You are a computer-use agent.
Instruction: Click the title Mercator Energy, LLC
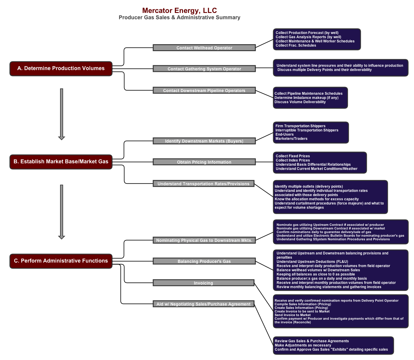click(179, 11)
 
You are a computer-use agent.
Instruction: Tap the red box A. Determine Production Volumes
click(61, 69)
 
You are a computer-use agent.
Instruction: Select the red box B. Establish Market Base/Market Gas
click(61, 162)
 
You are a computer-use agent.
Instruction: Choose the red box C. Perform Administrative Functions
click(61, 261)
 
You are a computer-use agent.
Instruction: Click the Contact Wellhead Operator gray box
click(204, 48)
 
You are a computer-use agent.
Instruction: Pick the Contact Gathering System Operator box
click(204, 69)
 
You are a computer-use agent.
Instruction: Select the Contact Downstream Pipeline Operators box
click(204, 91)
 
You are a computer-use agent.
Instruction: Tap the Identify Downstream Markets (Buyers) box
click(204, 141)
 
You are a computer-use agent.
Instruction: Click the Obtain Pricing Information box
click(204, 162)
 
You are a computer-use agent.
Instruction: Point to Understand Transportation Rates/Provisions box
click(203, 184)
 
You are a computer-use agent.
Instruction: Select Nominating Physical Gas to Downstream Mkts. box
click(204, 240)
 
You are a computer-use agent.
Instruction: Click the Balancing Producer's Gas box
click(204, 261)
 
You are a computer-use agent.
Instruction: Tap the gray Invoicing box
click(203, 283)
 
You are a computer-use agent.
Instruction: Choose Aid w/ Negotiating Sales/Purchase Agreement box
click(203, 304)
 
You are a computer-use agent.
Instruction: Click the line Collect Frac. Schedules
click(296, 45)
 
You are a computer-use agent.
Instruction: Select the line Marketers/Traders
click(291, 139)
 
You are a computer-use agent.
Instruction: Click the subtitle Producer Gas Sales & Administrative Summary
click(179, 17)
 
